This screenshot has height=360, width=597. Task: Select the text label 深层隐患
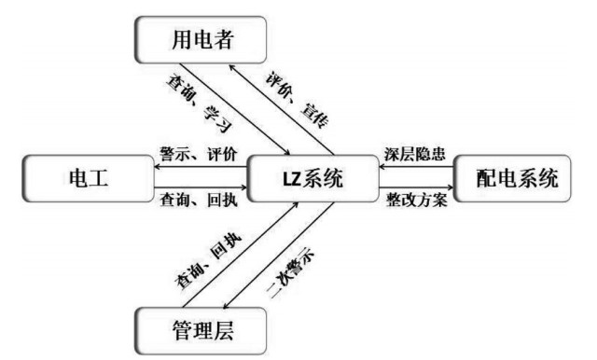point(414,154)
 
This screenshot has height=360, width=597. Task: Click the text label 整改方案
point(414,203)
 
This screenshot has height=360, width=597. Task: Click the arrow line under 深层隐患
point(414,169)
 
